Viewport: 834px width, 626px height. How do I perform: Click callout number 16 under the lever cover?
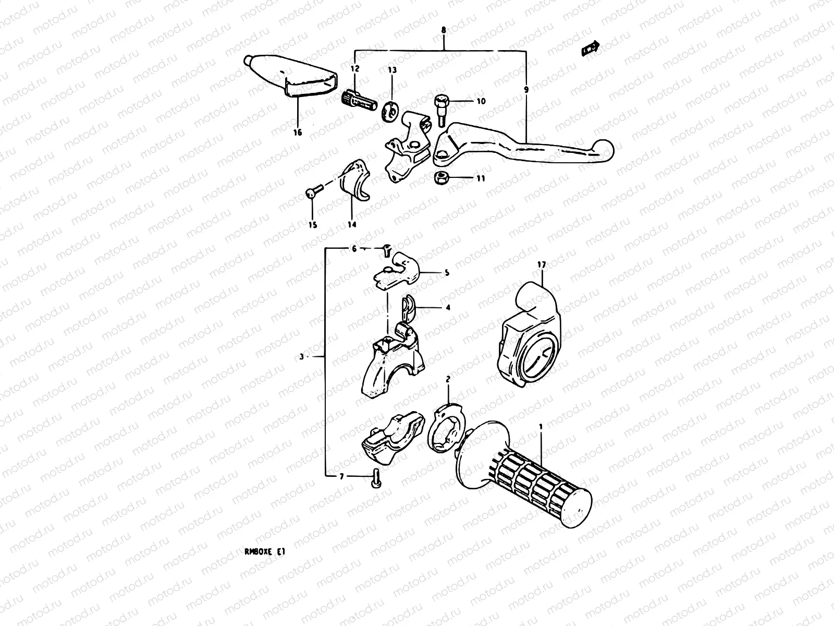click(297, 133)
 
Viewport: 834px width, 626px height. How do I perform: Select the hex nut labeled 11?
click(440, 178)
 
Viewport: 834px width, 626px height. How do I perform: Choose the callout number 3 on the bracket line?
click(302, 357)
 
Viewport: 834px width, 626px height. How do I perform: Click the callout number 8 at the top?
click(443, 31)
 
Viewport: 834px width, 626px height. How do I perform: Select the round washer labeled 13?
click(390, 111)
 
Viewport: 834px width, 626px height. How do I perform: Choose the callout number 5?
click(447, 272)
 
